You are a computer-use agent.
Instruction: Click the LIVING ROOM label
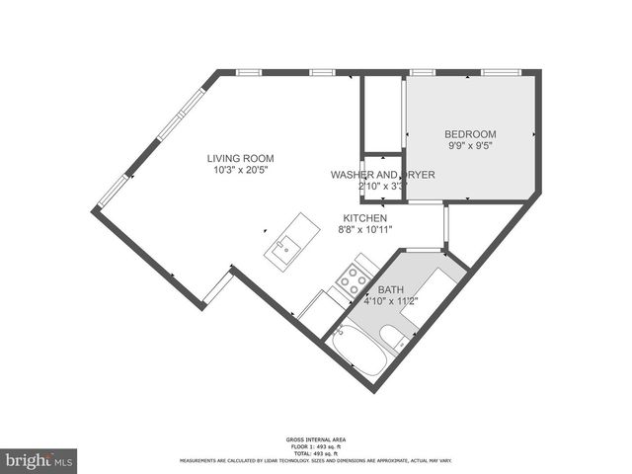pos(240,158)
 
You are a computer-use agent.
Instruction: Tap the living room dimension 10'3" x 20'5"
pos(240,170)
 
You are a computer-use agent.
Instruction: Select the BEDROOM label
pos(469,134)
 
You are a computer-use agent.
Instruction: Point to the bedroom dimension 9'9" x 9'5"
pos(469,145)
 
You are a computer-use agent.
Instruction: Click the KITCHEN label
pos(364,218)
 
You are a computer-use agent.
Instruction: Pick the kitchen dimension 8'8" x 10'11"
pos(364,229)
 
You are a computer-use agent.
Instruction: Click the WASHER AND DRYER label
pos(382,175)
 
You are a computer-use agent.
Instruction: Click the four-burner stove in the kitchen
pos(352,280)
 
